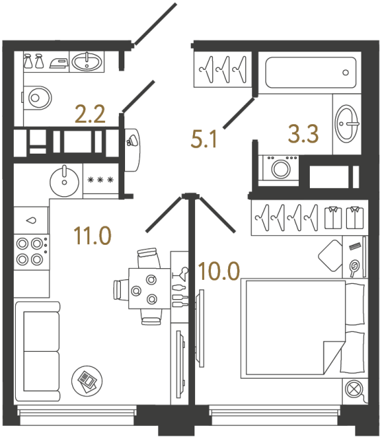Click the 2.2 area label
click(x=90, y=113)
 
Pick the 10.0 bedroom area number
click(x=219, y=271)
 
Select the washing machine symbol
click(x=280, y=167)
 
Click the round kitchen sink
click(x=64, y=180)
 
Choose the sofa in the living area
click(x=36, y=352)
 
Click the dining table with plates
click(x=146, y=288)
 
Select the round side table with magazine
click(x=87, y=378)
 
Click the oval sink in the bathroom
click(x=346, y=124)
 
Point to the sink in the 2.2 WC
click(x=86, y=62)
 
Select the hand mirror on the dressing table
click(x=355, y=267)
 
